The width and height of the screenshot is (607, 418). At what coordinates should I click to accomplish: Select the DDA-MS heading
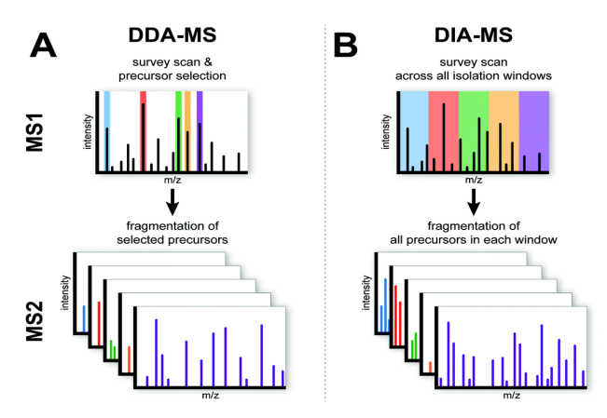coord(173,34)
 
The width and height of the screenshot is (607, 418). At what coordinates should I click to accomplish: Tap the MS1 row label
coord(41,130)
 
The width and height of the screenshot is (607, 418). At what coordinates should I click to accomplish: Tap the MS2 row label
coord(41,328)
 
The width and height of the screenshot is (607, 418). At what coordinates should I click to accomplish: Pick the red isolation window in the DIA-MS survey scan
coord(443,130)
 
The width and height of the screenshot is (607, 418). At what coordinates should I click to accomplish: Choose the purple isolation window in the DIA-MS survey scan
coord(534,130)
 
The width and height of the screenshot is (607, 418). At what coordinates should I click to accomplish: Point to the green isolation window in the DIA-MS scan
coord(474,130)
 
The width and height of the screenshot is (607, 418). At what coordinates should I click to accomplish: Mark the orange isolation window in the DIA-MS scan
coord(504,130)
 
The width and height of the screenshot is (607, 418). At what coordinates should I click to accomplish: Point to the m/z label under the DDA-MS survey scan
coord(172,181)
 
